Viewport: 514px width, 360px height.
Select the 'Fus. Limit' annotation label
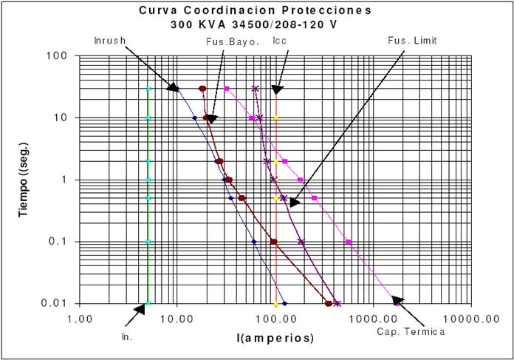pyautogui.click(x=413, y=41)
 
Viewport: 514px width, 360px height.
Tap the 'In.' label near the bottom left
pyautogui.click(x=126, y=336)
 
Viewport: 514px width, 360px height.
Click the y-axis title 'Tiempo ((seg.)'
pyautogui.click(x=24, y=180)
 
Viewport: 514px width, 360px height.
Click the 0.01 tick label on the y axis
pyautogui.click(x=56, y=304)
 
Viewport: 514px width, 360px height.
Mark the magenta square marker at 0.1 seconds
pyautogui.click(x=348, y=242)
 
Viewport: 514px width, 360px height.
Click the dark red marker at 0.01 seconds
pyautogui.click(x=329, y=303)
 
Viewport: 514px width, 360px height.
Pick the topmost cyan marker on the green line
pyautogui.click(x=148, y=89)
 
